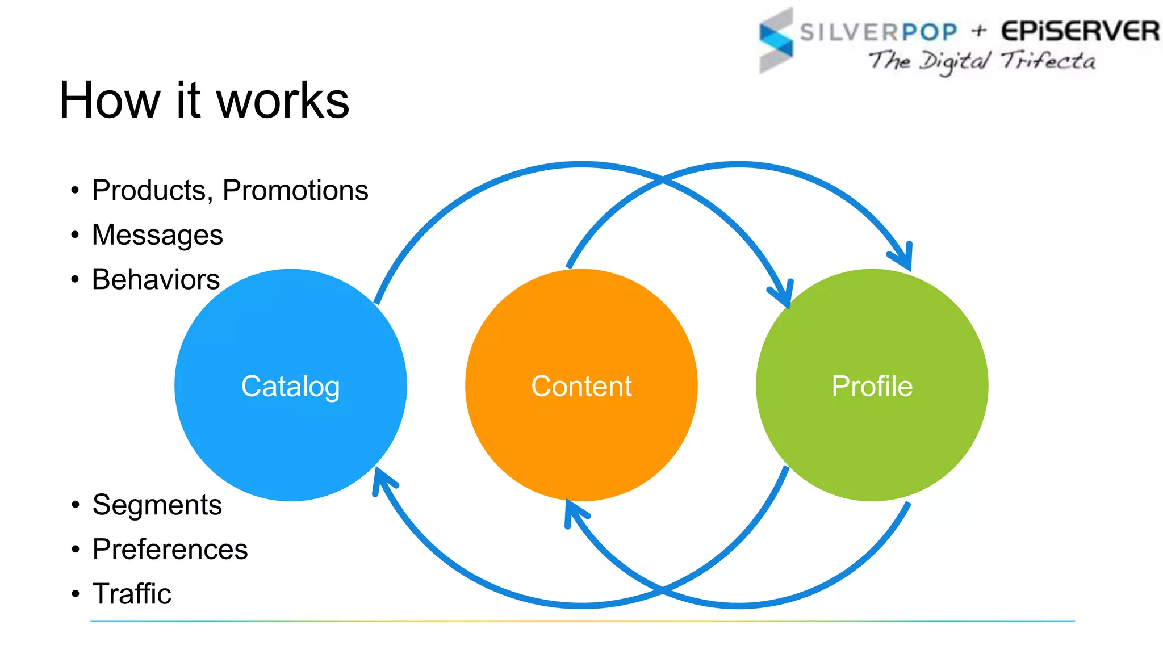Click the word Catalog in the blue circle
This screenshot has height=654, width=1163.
290,387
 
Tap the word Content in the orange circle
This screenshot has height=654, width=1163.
581,387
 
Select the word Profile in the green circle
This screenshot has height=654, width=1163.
872,387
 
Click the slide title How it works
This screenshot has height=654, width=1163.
204,100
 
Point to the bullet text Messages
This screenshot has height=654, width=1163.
157,235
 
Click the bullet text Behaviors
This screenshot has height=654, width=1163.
156,279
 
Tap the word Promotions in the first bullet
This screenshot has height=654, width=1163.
295,190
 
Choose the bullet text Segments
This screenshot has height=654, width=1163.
157,505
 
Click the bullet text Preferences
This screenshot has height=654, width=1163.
170,549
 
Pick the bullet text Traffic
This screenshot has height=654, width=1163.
132,594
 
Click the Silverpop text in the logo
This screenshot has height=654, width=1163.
878,32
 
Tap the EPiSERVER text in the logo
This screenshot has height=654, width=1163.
1080,31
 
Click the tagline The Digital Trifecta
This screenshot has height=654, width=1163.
981,61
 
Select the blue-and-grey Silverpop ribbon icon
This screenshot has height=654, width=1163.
776,40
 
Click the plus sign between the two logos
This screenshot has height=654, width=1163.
978,31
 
